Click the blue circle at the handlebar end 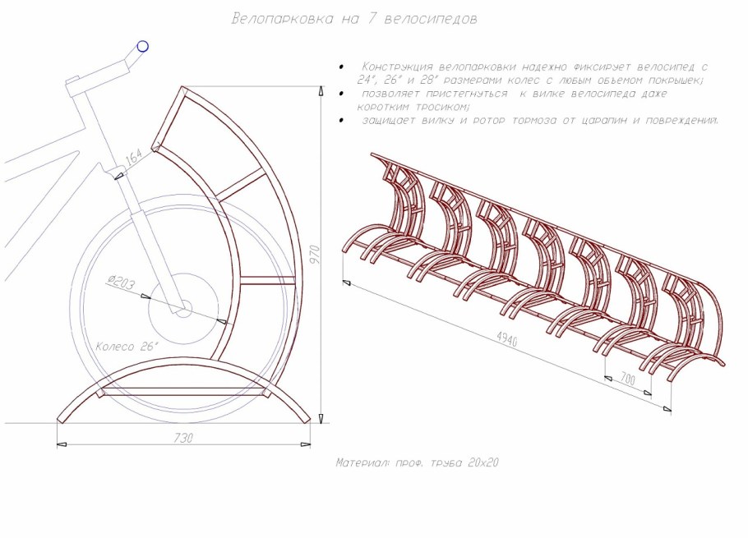pos(143,46)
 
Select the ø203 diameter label pos(121,283)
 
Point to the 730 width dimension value pos(183,439)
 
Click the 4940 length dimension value pos(507,338)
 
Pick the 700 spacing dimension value pos(628,379)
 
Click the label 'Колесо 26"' pos(127,347)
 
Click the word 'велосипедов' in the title pos(430,19)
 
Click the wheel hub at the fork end pos(182,308)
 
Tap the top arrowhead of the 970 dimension pos(321,91)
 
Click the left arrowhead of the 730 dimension pos(62,444)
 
